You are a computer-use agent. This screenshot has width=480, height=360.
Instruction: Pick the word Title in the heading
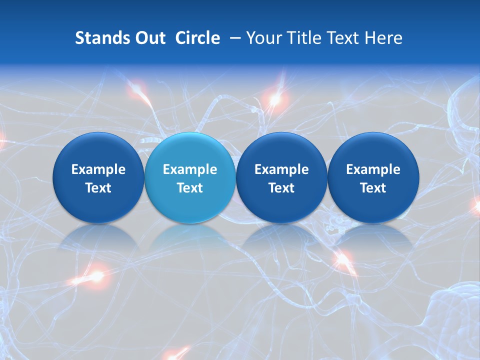click(x=301, y=38)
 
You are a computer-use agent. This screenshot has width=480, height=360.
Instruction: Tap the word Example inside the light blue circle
click(x=190, y=169)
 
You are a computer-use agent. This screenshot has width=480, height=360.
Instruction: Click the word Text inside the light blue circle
click(x=190, y=188)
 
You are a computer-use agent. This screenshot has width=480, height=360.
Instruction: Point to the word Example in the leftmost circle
click(x=98, y=169)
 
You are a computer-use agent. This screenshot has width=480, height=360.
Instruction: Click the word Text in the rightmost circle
click(x=373, y=188)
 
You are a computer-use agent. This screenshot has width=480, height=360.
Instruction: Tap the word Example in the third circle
click(x=281, y=169)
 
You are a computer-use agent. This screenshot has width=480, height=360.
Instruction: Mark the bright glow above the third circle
click(x=274, y=99)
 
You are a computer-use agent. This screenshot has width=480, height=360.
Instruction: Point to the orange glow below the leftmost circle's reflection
click(x=95, y=275)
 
